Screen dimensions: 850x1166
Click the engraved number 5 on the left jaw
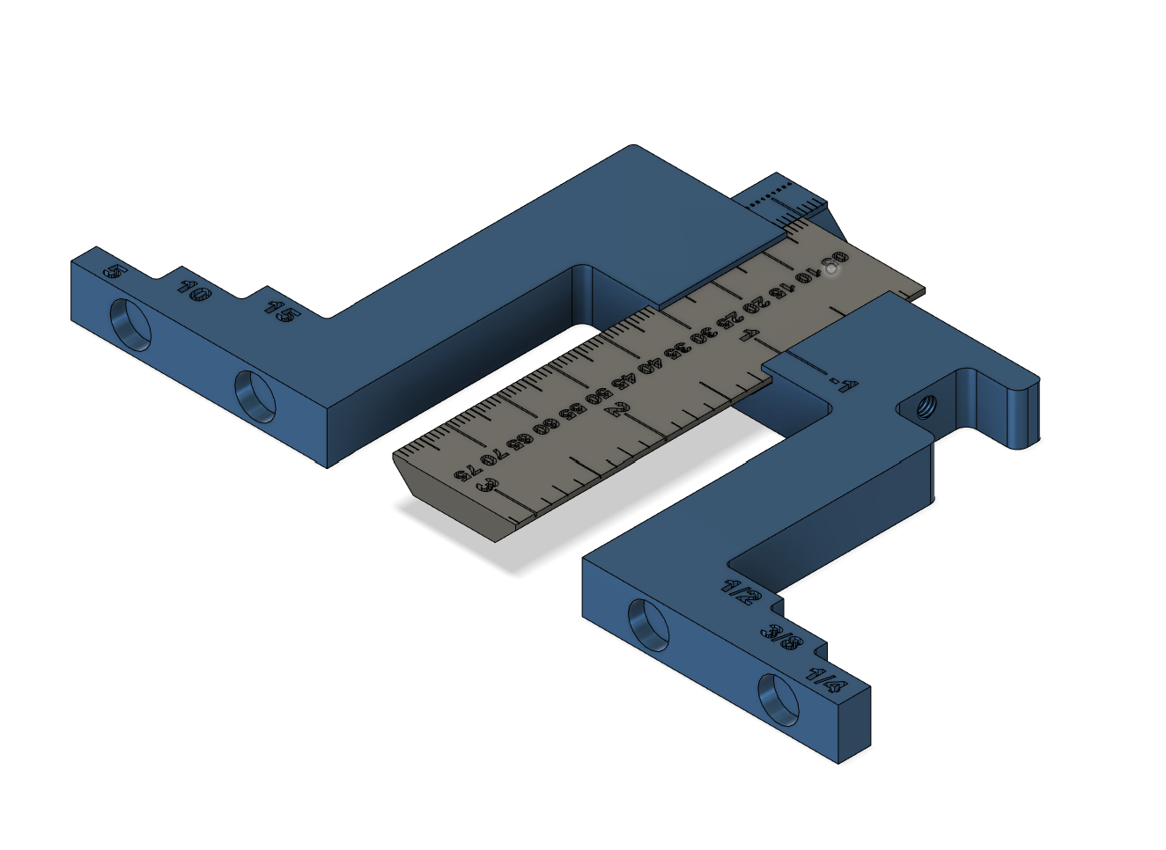[x=114, y=272]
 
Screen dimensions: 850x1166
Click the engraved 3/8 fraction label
[x=782, y=640]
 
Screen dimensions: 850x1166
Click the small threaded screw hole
[x=926, y=407]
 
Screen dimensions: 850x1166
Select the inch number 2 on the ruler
[x=621, y=408]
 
